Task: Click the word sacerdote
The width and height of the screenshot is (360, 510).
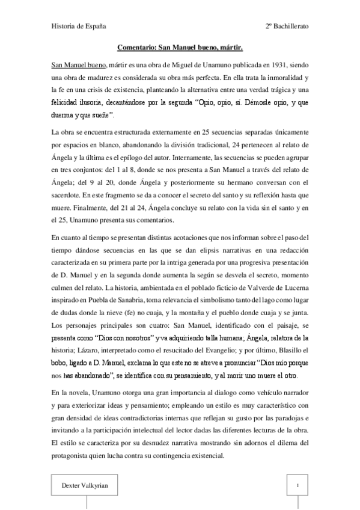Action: click(70, 209)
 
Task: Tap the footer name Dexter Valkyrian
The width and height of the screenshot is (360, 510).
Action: click(82, 484)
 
